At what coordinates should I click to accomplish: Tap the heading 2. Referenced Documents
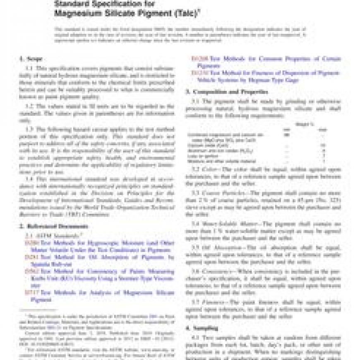coord(54,226)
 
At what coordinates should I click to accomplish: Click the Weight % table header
coord(304,124)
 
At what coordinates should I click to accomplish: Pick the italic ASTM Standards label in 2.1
coord(44,235)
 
